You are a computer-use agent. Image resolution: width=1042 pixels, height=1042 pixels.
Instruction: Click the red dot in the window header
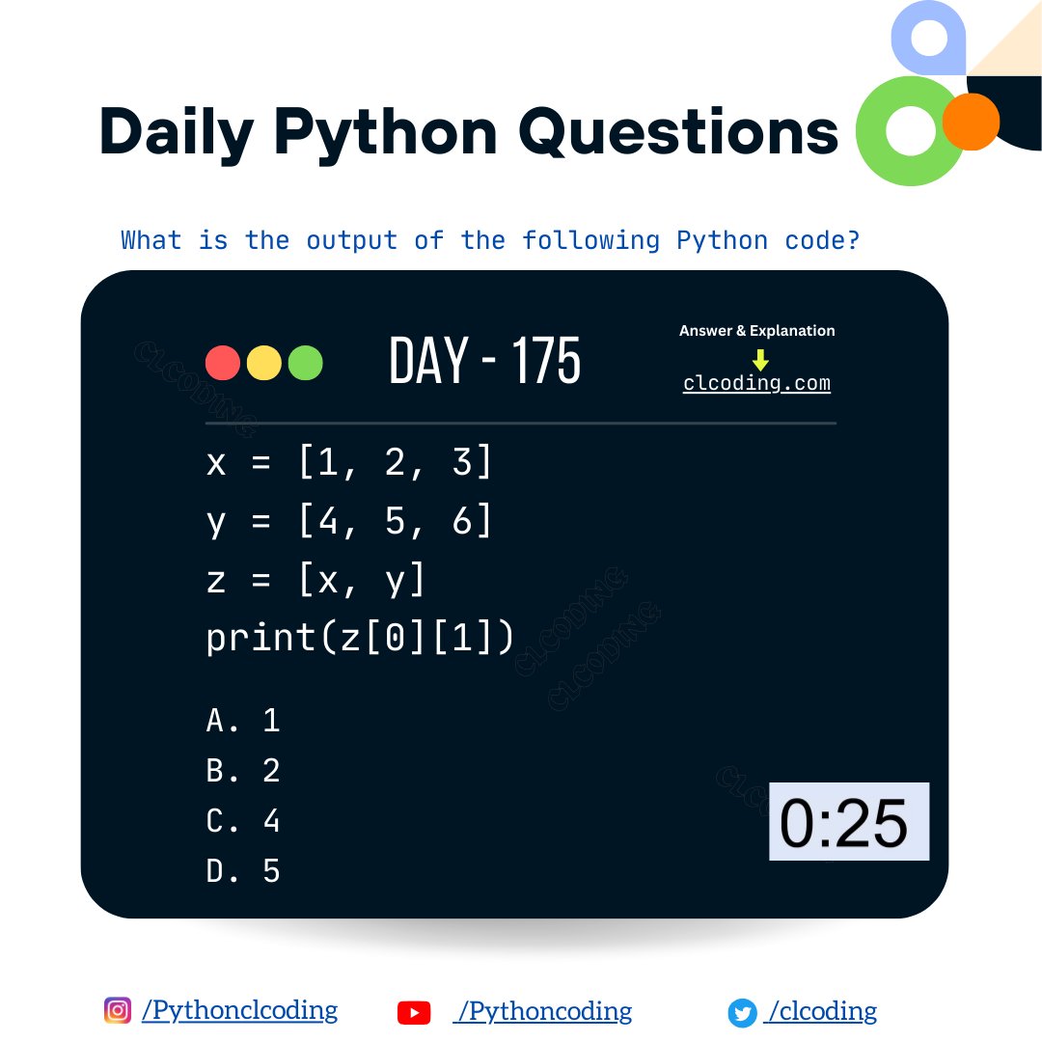coord(223,363)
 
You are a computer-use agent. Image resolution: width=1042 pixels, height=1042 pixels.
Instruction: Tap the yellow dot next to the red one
coord(264,363)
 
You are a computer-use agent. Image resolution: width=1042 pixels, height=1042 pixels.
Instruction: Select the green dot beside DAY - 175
coord(306,363)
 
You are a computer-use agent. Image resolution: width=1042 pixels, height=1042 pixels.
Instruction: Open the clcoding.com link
coord(756,383)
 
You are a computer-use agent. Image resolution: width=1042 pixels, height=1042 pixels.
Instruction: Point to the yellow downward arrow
coord(760,360)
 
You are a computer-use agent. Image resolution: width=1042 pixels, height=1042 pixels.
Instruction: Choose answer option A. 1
coord(243,721)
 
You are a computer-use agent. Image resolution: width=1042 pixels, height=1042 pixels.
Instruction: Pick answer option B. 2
coord(243,771)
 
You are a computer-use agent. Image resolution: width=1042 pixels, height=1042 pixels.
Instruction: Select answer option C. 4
coord(243,821)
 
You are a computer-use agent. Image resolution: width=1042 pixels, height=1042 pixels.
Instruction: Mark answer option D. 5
coord(243,871)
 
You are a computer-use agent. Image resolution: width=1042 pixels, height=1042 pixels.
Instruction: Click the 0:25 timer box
coord(848,822)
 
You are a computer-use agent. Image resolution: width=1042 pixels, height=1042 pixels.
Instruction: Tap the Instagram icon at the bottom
coord(118,1010)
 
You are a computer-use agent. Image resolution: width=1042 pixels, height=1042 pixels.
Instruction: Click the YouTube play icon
coord(414,1012)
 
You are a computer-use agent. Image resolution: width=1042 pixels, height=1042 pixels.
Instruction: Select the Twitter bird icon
coord(742,1013)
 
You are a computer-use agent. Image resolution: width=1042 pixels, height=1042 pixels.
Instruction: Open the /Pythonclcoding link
coord(239,1011)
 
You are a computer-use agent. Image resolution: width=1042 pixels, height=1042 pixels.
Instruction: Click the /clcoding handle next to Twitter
coord(821,1011)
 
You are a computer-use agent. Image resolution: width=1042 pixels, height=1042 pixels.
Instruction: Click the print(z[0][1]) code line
coord(360,638)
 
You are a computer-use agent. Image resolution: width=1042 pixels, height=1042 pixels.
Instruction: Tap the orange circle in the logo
coord(971,122)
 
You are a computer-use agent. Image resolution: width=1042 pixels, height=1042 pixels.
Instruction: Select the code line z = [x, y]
coord(315,580)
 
